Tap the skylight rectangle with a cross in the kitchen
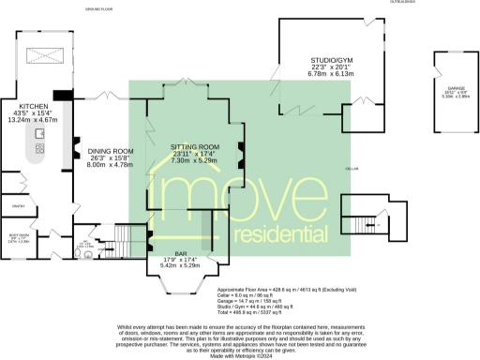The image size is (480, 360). pyautogui.click(x=40, y=54)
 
